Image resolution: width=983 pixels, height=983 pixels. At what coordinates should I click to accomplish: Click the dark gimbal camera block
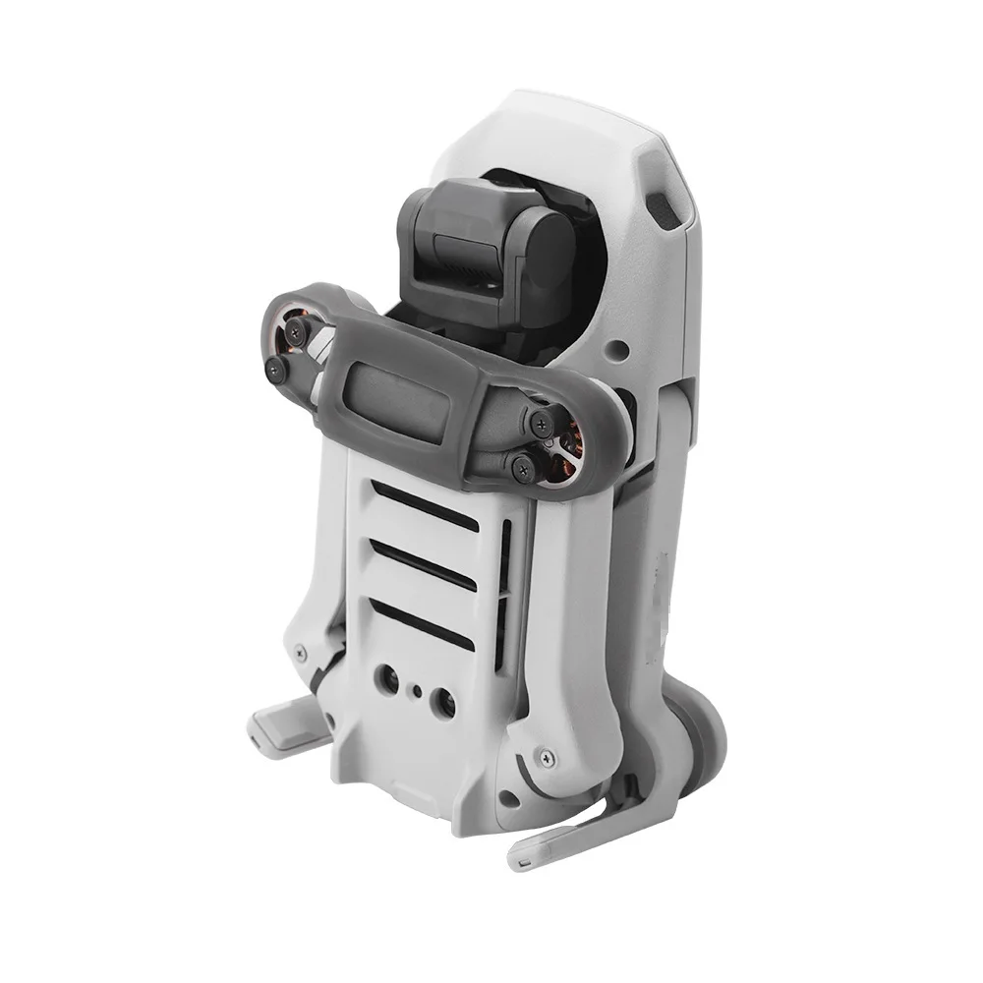pos(482,251)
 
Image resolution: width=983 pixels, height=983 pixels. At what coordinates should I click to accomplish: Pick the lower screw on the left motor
pos(277,369)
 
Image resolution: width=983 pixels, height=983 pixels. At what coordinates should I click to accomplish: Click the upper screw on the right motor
pos(539,423)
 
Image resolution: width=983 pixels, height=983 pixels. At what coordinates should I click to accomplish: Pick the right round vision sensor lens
pos(443,702)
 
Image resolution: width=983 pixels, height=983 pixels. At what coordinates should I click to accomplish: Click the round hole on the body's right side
pos(619,348)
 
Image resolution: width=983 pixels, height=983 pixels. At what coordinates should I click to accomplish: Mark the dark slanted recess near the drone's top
pos(663,209)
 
